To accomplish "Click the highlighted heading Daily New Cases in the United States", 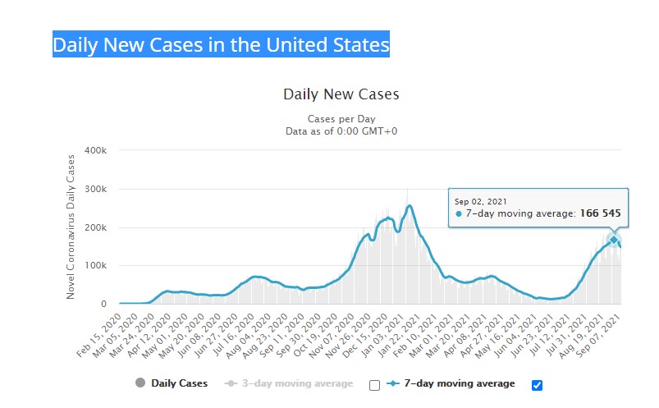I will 221,44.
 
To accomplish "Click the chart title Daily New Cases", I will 341,94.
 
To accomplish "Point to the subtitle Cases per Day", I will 341,118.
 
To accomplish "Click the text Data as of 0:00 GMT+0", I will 341,131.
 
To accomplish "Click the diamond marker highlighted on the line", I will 613,240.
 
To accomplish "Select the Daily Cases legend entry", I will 179,383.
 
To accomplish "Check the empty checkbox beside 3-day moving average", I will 375,385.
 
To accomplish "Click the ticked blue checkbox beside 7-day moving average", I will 538,385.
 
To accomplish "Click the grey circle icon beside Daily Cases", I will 140,383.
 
